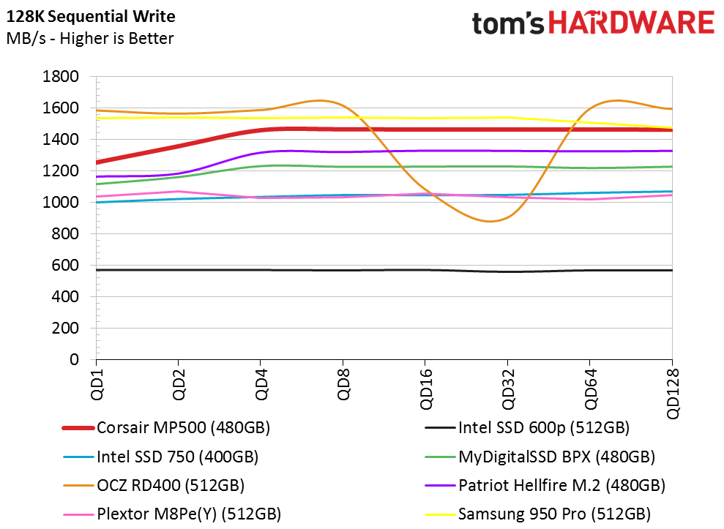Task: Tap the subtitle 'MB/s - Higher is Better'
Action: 90,38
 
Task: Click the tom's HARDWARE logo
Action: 593,23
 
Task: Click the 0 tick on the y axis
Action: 74,360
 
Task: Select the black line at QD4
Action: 261,270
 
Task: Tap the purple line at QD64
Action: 589,151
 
